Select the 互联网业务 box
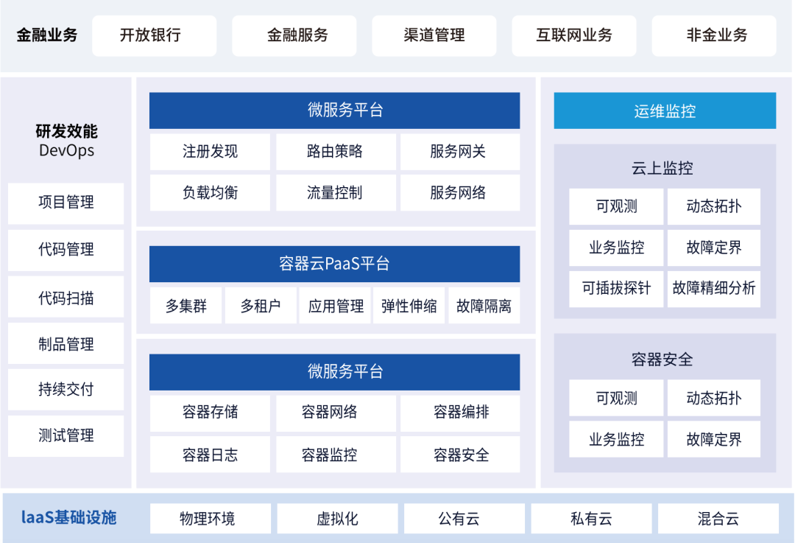pos(574,35)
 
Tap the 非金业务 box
pos(714,35)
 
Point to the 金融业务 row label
pos(46,35)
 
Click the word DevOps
pos(66,151)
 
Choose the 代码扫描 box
pos(66,297)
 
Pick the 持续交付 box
pos(66,389)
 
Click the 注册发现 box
pos(210,152)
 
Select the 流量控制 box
pos(336,193)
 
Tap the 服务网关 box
pos(460,152)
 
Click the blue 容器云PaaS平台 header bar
pos(335,264)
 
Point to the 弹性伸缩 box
pos(409,306)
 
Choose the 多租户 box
pos(261,306)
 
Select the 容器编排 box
pos(460,413)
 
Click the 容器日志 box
pos(210,455)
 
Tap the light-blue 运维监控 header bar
pos(665,111)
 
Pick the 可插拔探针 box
pos(616,289)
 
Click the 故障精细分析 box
pos(714,289)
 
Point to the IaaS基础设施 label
pos(69,518)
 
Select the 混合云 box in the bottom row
pos(718,519)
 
